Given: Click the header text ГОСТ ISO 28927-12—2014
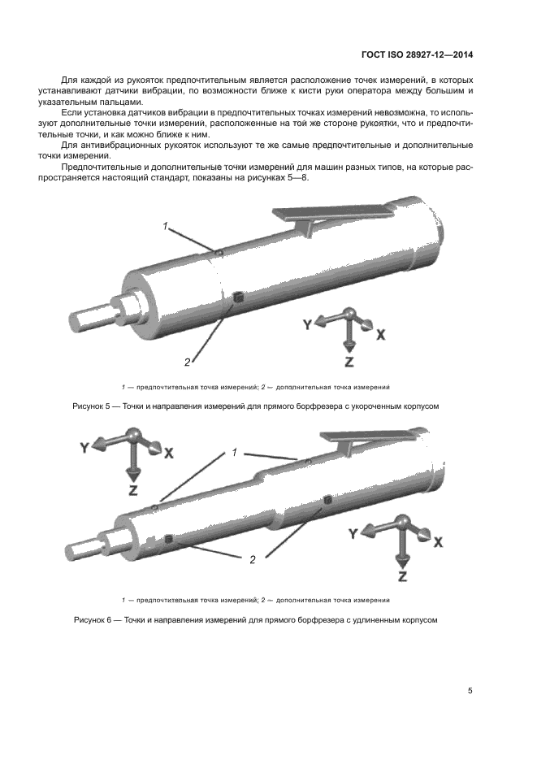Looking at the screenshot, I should click(417, 55).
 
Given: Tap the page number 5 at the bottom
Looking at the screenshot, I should click(470, 691).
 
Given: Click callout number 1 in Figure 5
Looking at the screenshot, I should click(165, 228).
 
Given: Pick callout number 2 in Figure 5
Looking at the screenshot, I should click(187, 362).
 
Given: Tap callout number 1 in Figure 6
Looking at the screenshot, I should click(234, 451).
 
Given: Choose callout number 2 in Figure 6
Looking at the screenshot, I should click(252, 559).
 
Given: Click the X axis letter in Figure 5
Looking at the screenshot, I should click(380, 334).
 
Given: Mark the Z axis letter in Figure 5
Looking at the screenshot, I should click(349, 361).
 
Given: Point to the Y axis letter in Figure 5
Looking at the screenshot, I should click(307, 324).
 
